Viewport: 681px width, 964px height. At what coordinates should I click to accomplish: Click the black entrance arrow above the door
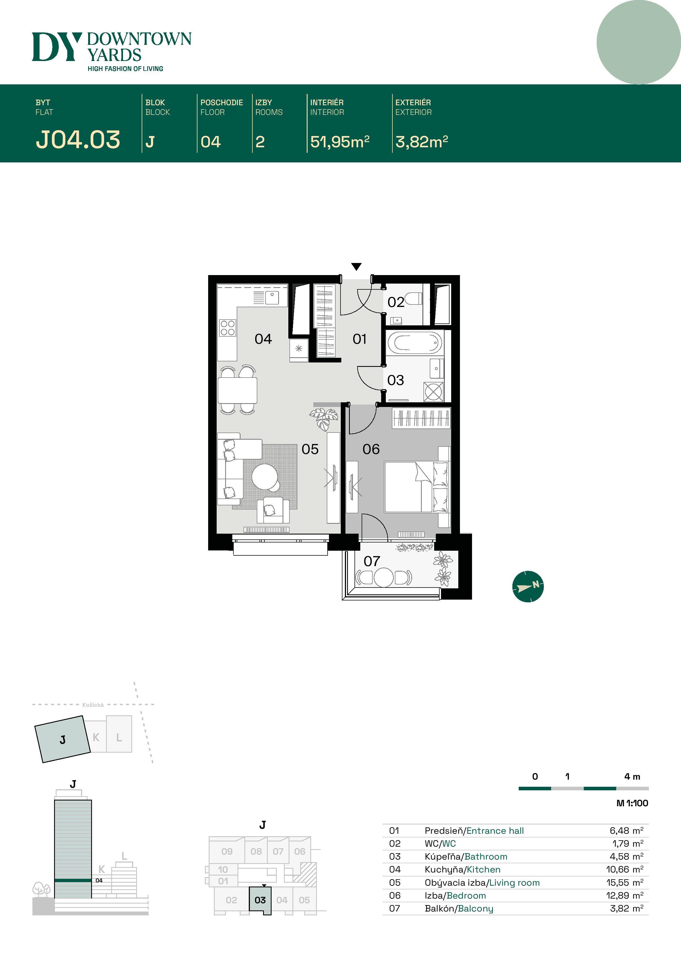[x=356, y=267]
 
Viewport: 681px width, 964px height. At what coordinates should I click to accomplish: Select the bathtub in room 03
[x=415, y=343]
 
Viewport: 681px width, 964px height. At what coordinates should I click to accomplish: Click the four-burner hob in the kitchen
[x=227, y=328]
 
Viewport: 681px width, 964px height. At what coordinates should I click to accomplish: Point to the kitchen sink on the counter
[x=272, y=297]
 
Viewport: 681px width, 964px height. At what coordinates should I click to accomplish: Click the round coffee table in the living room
[x=265, y=477]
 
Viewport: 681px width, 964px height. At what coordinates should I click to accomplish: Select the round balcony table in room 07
[x=384, y=577]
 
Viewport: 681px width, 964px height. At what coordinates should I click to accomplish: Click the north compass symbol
[x=528, y=586]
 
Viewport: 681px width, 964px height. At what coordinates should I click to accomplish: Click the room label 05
[x=310, y=449]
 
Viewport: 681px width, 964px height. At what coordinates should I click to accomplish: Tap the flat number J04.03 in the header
[x=78, y=140]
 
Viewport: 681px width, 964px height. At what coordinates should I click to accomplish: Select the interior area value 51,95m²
[x=339, y=142]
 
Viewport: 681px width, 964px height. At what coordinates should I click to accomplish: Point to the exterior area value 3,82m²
[x=421, y=142]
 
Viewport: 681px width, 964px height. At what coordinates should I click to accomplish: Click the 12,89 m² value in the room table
[x=624, y=896]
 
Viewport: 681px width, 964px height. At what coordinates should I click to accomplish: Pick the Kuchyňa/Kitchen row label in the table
[x=462, y=869]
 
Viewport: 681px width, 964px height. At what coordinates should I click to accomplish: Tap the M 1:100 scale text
[x=632, y=803]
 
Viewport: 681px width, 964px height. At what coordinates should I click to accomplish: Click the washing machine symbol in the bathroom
[x=433, y=392]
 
